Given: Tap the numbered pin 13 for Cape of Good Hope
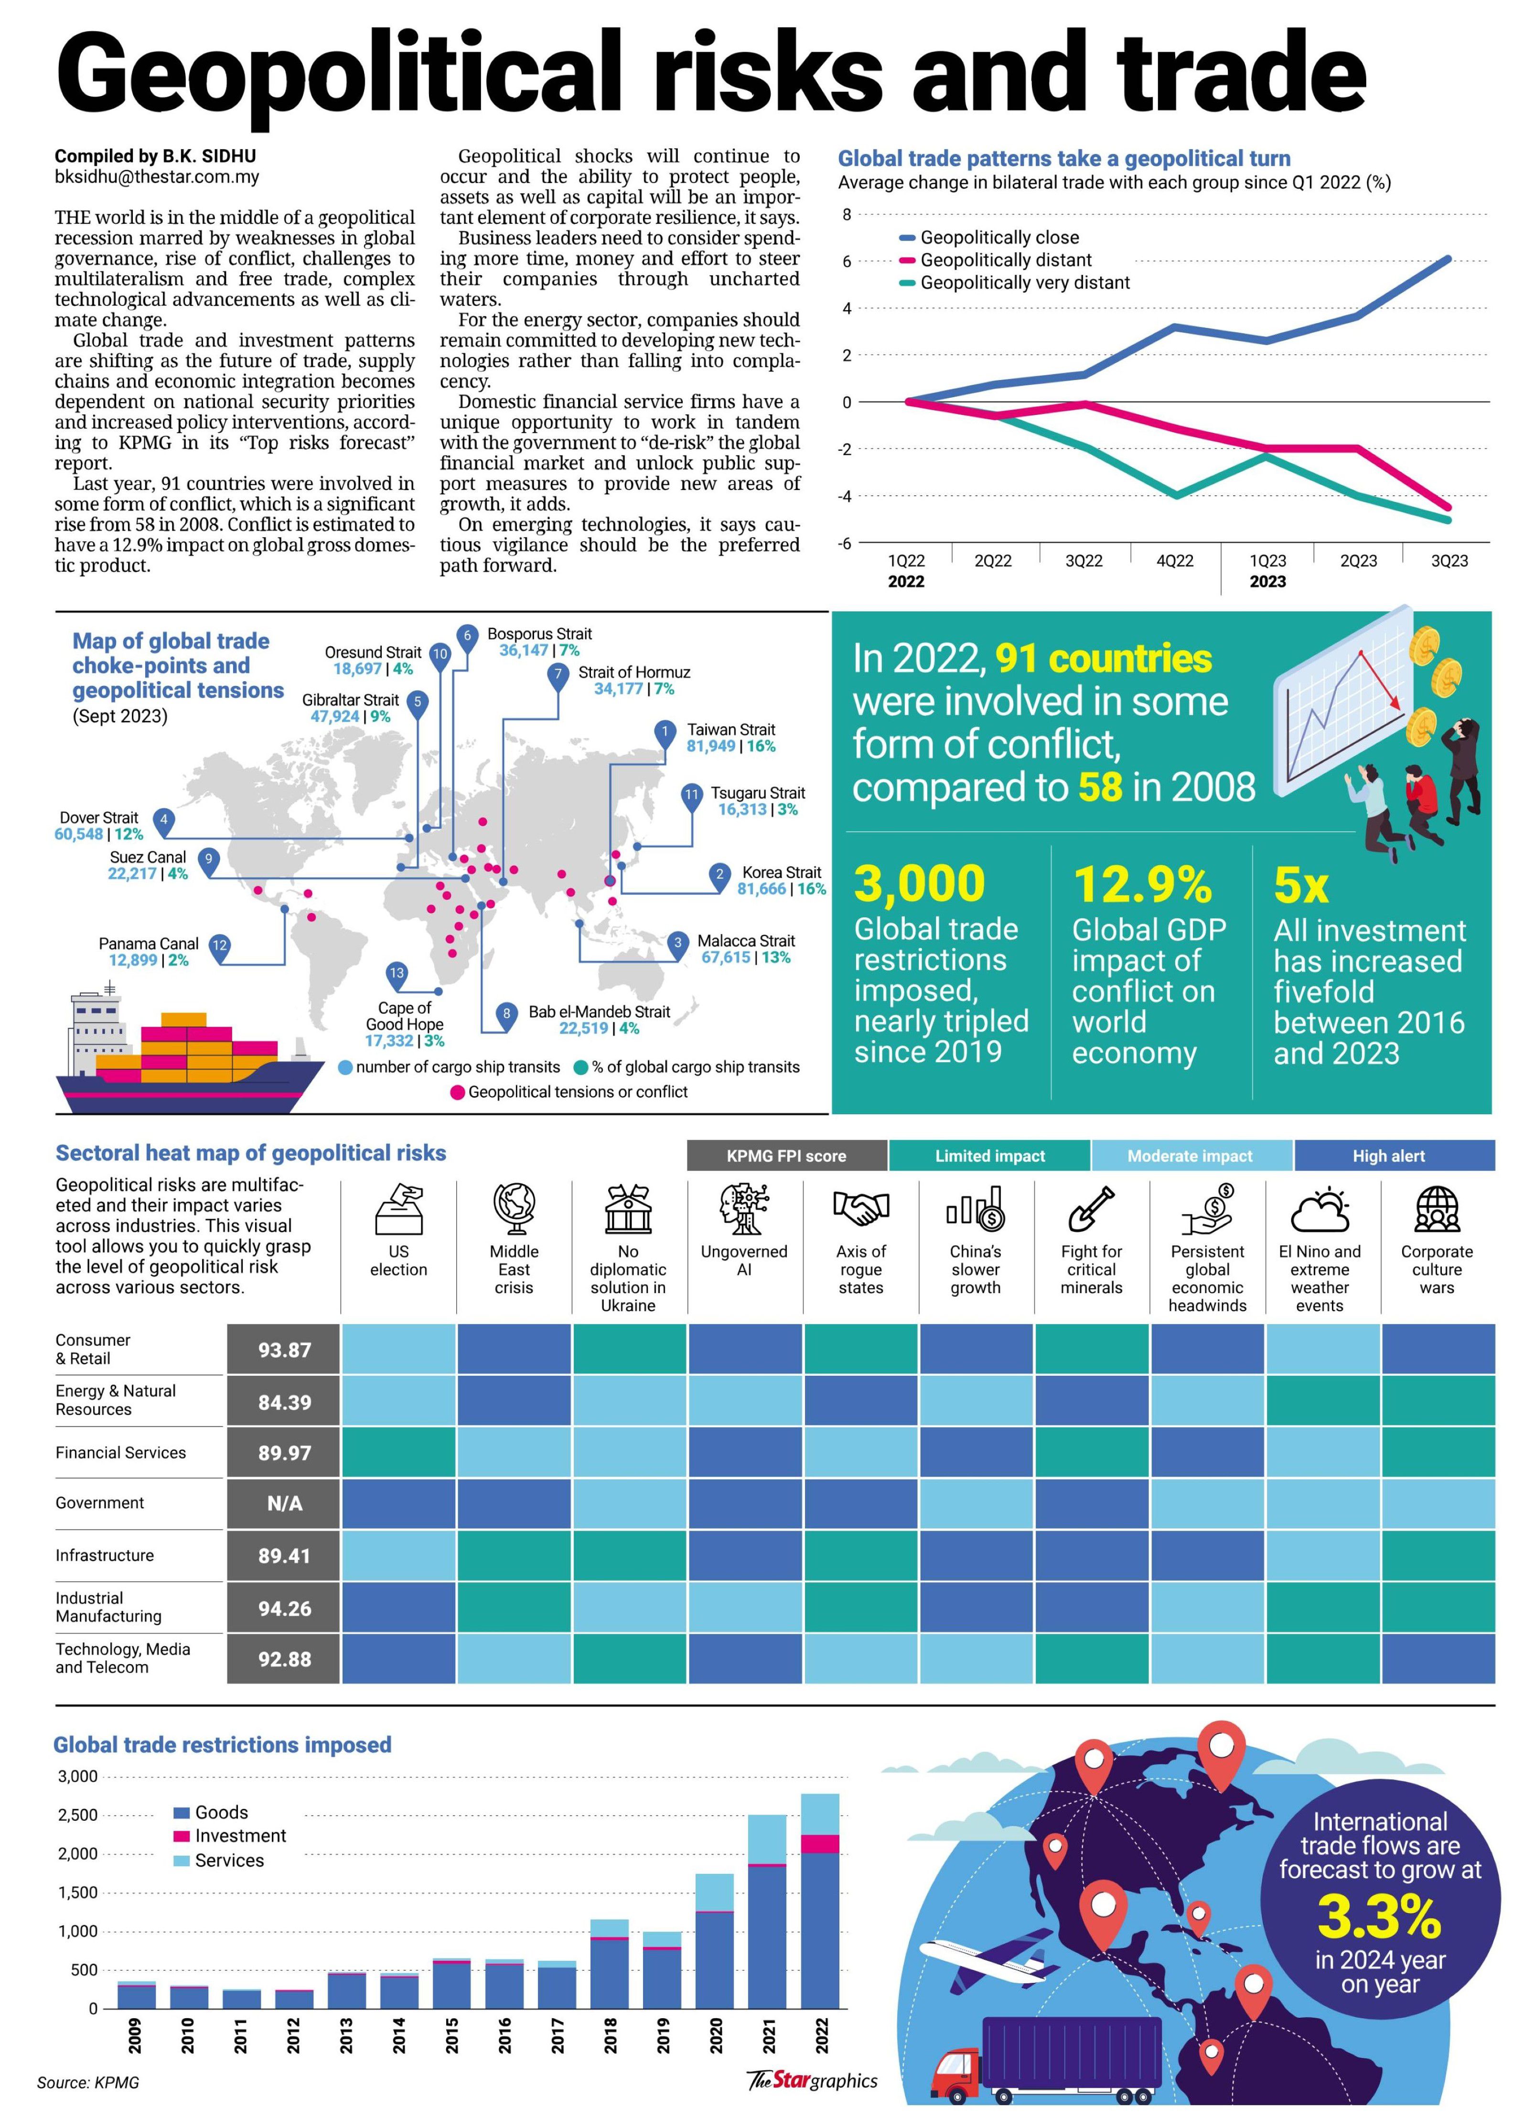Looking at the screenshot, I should pos(397,974).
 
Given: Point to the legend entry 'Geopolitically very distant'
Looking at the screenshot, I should pos(1024,283).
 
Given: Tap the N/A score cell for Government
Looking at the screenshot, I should pos(284,1504).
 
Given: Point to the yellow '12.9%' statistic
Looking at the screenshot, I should pos(1142,884).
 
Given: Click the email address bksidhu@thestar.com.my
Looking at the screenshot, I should pos(157,177).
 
